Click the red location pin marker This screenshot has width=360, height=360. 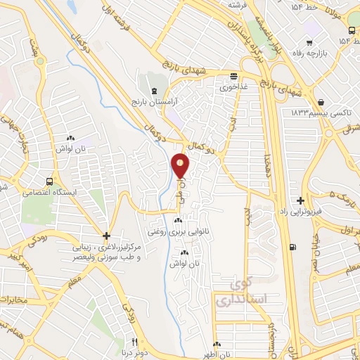pyautogui.click(x=181, y=167)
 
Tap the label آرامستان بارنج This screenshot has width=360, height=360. pyautogui.click(x=154, y=103)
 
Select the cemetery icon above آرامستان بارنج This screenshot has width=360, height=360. pyautogui.click(x=154, y=91)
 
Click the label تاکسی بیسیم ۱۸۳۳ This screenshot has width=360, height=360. pyautogui.click(x=318, y=112)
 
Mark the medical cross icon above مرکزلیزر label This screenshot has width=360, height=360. pyautogui.click(x=106, y=236)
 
